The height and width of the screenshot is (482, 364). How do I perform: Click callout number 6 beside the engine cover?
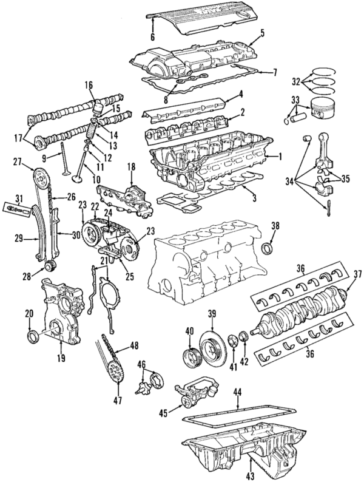click(153, 38)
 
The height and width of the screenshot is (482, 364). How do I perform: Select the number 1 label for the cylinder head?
click(280, 157)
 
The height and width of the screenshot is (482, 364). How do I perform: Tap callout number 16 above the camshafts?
click(89, 84)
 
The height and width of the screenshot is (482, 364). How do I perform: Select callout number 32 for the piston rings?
click(295, 81)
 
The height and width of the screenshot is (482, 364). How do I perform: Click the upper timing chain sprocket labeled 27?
click(41, 180)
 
